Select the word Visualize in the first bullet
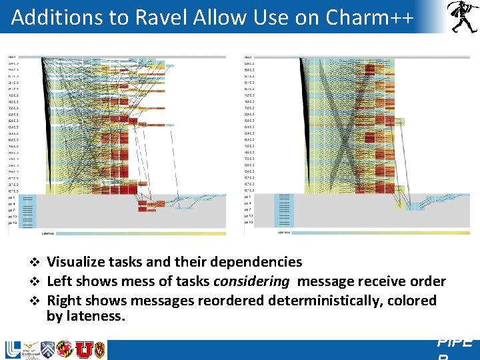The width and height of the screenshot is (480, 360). [x=79, y=262]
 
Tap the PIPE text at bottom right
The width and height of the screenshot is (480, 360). [x=455, y=343]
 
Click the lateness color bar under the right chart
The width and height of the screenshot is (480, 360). [x=380, y=233]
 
